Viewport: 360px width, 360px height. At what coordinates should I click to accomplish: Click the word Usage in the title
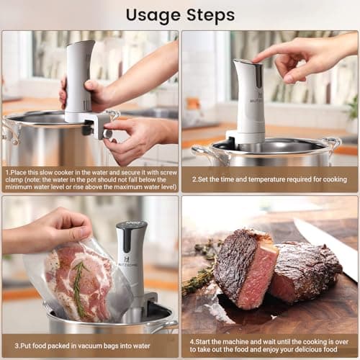point(152,14)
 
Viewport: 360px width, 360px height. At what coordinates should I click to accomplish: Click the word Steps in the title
point(210,14)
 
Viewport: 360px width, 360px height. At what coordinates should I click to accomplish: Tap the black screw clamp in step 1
point(93,127)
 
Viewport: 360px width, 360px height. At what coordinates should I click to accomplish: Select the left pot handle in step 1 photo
point(9,130)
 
